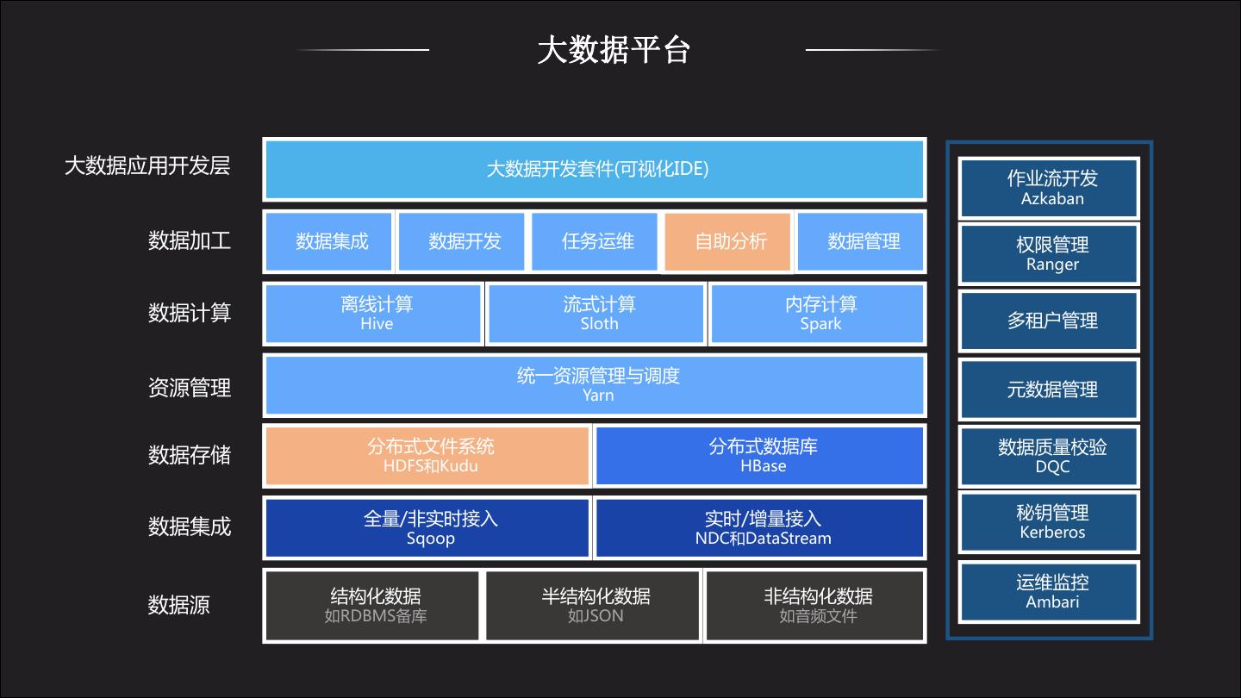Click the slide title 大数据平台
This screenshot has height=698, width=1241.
614,50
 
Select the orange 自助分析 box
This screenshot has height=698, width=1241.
727,241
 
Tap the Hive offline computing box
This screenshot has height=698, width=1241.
373,314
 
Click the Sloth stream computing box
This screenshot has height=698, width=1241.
596,314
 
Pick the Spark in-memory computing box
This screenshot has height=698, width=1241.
817,314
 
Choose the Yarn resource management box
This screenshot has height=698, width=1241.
595,385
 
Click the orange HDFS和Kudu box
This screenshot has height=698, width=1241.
427,456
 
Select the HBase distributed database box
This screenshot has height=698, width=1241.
759,456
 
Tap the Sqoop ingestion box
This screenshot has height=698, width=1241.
427,528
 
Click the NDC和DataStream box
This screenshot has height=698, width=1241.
759,528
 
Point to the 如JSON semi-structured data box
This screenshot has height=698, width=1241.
592,606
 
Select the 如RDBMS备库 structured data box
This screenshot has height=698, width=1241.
372,606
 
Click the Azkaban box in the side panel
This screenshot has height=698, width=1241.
1049,189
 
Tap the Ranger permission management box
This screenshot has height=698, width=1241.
1049,254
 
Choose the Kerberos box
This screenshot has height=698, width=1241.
1049,522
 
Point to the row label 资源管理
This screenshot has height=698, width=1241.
190,388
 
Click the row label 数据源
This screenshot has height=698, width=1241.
178,605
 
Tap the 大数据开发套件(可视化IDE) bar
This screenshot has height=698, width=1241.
595,169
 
